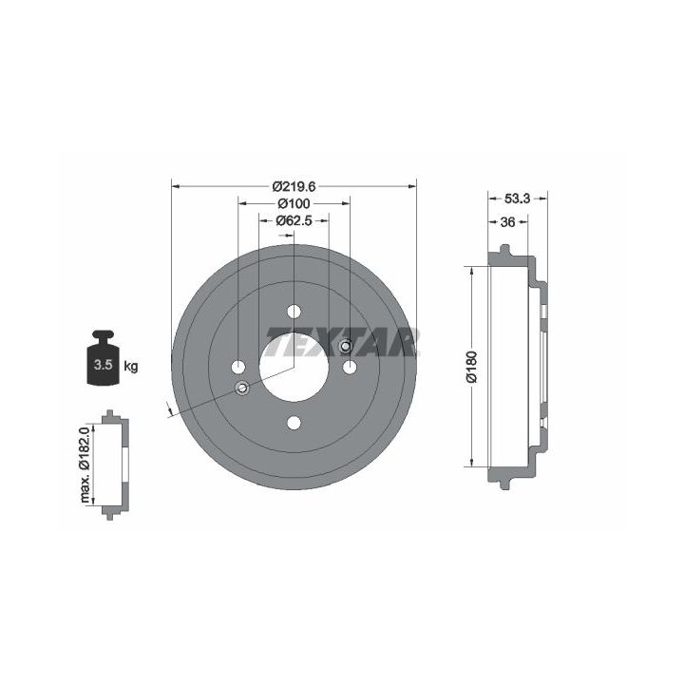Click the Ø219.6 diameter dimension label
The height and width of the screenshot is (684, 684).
294,187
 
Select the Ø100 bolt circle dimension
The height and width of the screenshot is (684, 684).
294,203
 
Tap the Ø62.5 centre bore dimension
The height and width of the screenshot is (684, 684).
294,220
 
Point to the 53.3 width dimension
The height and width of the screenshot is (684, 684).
517,199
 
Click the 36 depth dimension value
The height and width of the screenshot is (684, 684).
507,222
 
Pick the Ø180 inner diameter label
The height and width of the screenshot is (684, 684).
472,367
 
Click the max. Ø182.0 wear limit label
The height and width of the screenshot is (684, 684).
85,465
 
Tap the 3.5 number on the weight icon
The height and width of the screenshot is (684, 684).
103,364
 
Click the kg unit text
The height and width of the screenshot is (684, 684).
131,366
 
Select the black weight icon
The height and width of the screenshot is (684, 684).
103,358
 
